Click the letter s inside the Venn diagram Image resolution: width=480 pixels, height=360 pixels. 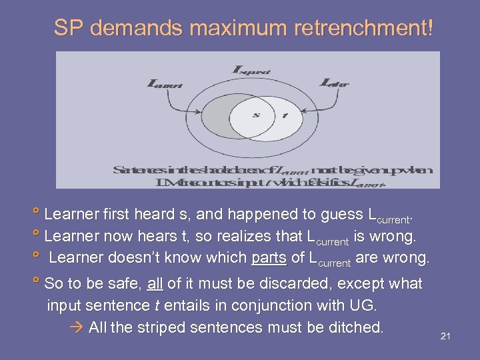tap(255, 115)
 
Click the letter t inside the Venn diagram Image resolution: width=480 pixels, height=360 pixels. tap(285, 115)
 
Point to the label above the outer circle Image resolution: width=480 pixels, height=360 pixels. tap(251, 69)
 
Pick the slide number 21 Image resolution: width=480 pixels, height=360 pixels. tap(445, 336)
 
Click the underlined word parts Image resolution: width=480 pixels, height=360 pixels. tap(268, 258)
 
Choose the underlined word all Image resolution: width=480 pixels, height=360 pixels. tap(155, 284)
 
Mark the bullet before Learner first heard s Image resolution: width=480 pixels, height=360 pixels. tap(37, 214)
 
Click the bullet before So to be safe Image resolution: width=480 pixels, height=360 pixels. tap(37, 283)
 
